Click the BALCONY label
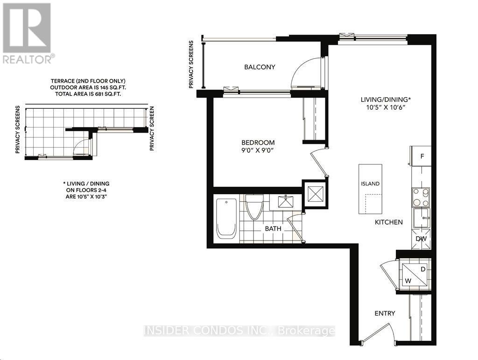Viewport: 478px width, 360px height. [260, 67]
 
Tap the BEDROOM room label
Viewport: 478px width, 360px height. [258, 142]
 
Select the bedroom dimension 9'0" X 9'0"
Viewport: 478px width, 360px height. [258, 151]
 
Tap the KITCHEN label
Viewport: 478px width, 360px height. [388, 222]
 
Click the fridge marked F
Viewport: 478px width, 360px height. [421, 156]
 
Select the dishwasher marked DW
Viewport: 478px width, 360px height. [421, 239]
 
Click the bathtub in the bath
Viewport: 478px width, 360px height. [227, 218]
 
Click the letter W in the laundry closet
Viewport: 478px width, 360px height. [408, 281]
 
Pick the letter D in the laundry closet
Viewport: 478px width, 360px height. [422, 269]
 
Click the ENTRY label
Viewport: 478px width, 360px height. [385, 313]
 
